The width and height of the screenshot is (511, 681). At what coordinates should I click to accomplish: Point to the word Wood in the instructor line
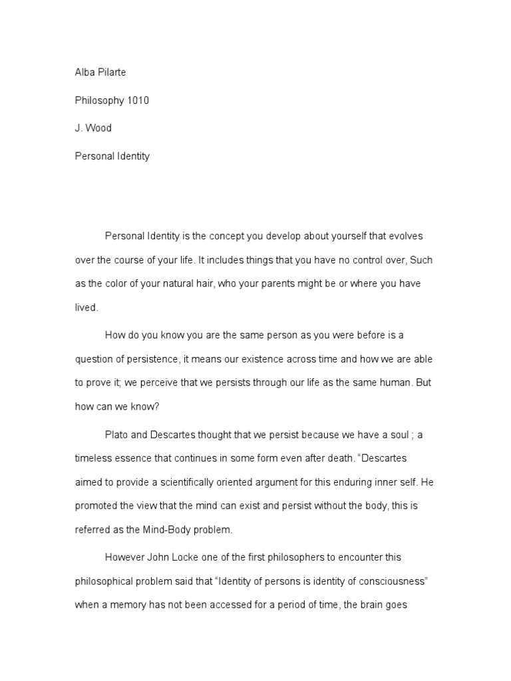(x=98, y=128)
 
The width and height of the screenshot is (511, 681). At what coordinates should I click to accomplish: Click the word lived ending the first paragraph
(x=86, y=307)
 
